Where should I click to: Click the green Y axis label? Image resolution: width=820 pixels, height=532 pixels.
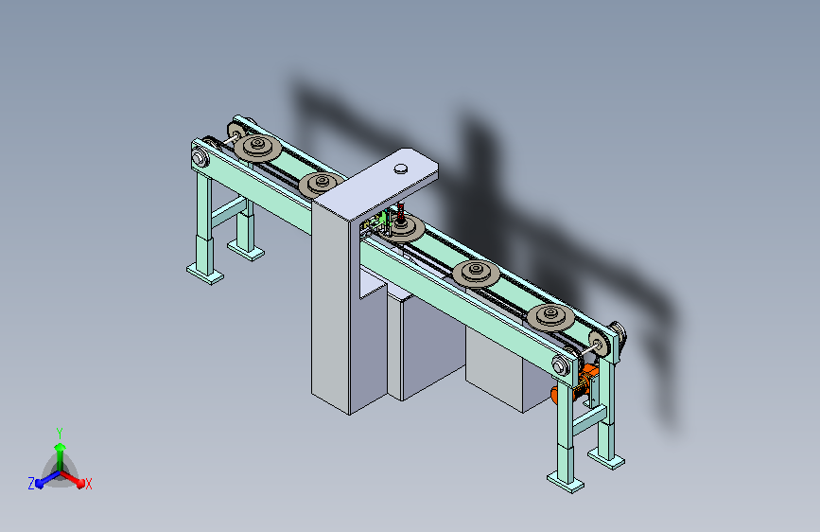tap(60, 434)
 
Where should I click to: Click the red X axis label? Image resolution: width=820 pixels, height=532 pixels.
tap(88, 484)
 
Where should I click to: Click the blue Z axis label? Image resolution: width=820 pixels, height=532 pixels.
tap(31, 484)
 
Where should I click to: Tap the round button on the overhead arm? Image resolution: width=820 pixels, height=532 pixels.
tap(401, 168)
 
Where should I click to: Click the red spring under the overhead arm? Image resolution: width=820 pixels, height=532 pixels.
tap(401, 211)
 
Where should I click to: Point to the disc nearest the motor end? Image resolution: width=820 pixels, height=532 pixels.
tap(550, 317)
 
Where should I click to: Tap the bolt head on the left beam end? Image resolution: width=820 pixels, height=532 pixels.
tap(200, 157)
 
